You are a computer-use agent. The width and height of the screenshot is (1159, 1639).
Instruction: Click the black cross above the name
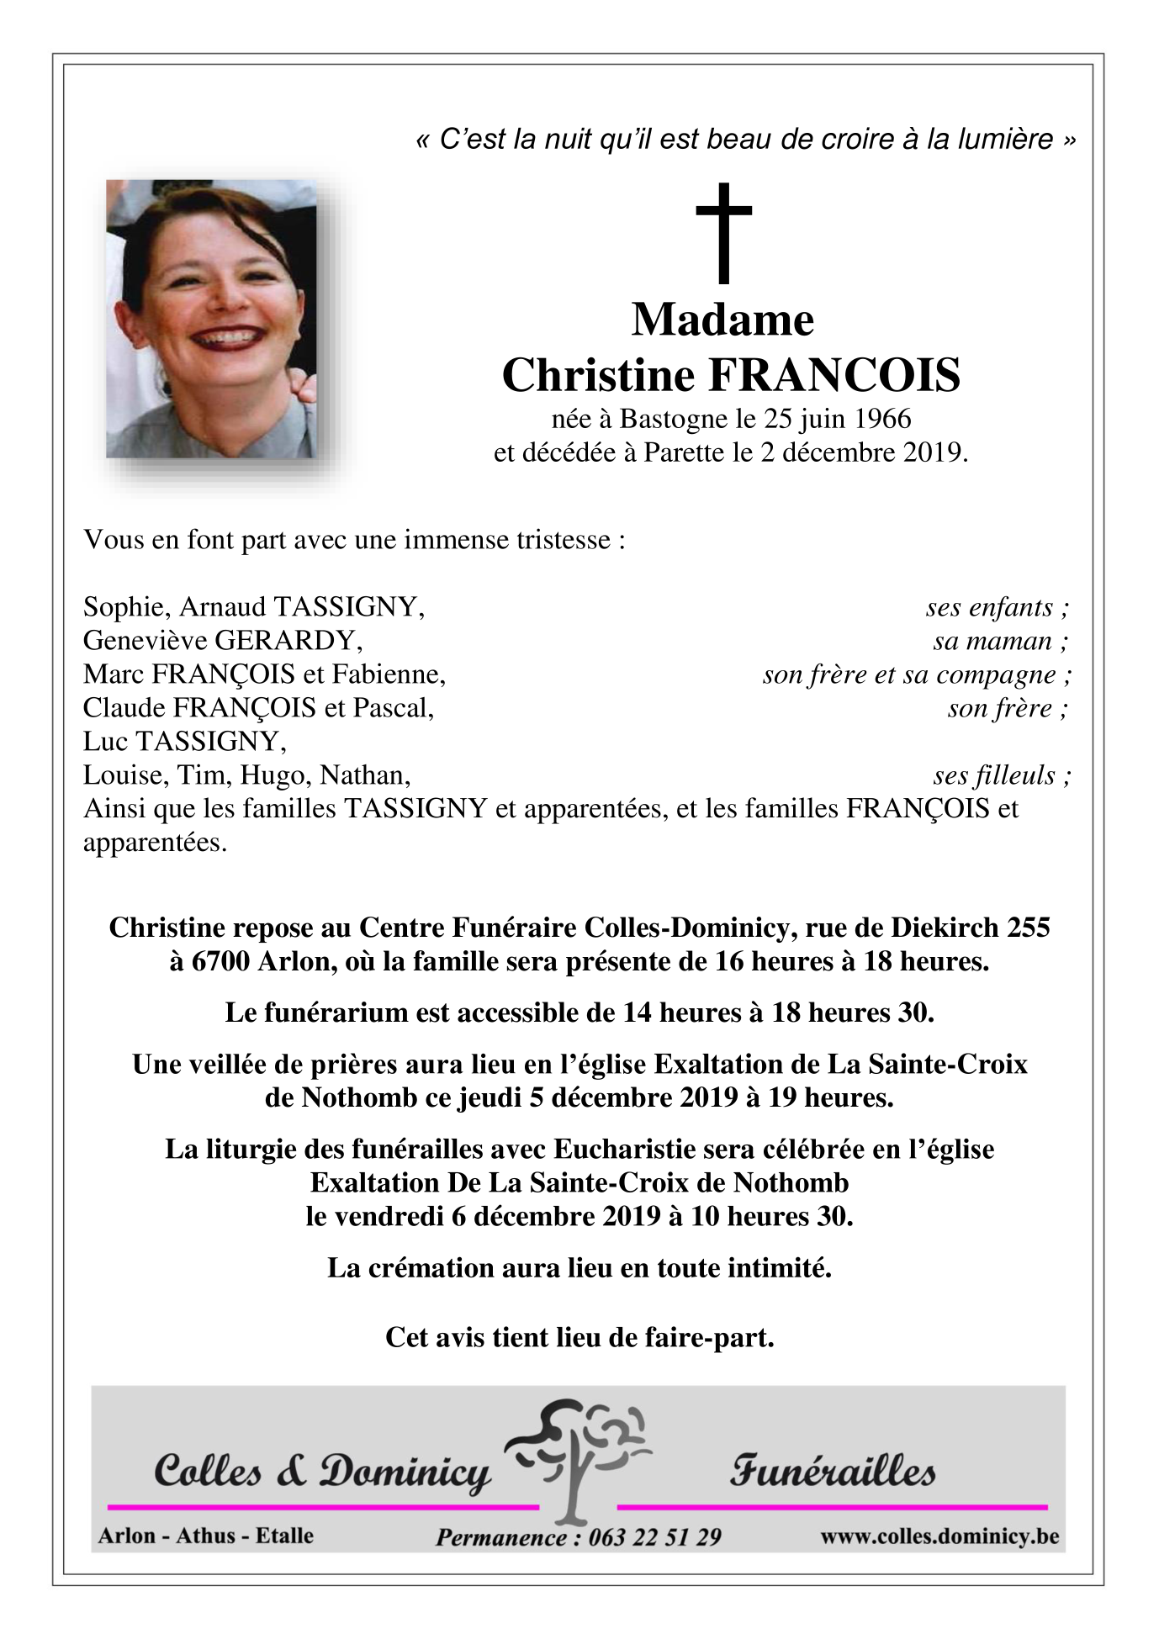coord(723,233)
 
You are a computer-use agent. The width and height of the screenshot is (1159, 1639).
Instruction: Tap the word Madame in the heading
coord(722,320)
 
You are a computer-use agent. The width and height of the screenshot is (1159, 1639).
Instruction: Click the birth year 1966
coord(881,418)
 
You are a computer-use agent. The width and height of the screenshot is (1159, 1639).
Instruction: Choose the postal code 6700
coord(220,961)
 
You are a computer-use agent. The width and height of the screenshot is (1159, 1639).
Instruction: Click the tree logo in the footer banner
coord(579,1461)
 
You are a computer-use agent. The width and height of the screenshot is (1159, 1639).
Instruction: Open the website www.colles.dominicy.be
coord(939,1536)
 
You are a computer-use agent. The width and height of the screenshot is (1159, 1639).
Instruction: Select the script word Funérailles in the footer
coord(832,1472)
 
